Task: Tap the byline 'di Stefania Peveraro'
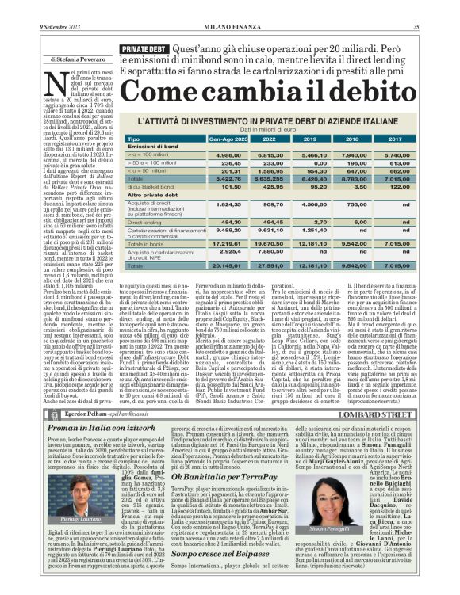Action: (58, 59)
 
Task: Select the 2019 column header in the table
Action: (313, 138)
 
